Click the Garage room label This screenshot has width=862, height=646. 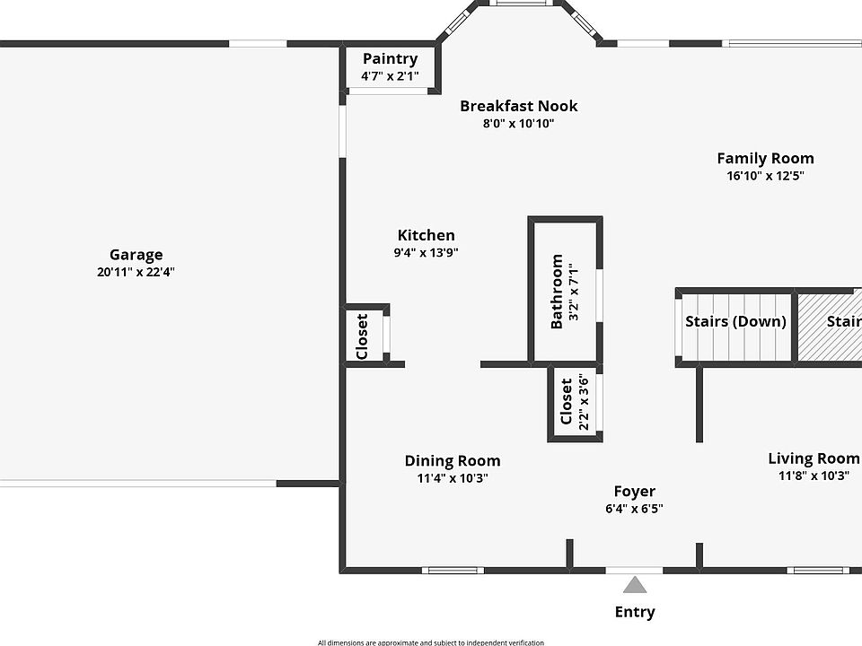point(136,255)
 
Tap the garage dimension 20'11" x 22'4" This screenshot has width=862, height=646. point(136,272)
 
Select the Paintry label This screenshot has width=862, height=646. point(390,59)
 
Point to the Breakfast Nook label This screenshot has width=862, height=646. point(518,106)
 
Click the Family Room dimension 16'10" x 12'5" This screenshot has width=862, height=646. point(765,176)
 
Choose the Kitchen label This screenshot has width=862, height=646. point(426,235)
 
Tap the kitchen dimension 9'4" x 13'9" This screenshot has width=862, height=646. point(426,252)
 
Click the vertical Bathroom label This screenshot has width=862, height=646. point(557,292)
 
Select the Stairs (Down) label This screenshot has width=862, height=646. point(735,321)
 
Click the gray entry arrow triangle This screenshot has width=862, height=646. point(635,586)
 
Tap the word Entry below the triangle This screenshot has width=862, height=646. point(635,612)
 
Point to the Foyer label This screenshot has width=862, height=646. point(634,491)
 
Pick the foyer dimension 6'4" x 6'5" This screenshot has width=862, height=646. point(634,508)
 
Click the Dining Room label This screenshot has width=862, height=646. point(453,461)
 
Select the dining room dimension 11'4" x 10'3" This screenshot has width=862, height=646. point(453,478)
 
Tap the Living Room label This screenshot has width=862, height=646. point(814,458)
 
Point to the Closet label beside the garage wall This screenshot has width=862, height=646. point(362,336)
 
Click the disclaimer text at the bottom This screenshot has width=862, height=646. point(430,642)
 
